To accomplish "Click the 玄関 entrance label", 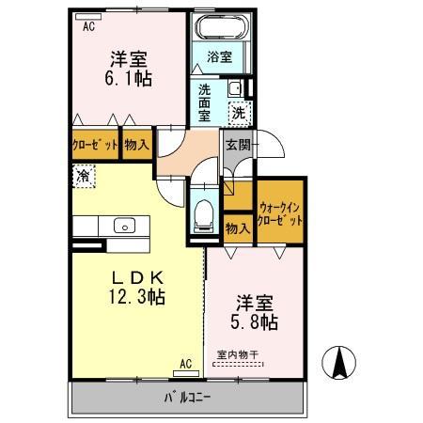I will coord(237,146).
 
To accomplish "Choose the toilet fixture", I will coord(202,213).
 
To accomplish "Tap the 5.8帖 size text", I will coord(254,322).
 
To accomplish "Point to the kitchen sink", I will coord(123,226).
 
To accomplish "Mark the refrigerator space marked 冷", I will coord(84,176).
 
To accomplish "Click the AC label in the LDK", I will coord(185,364).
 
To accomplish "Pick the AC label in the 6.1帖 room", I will coord(88,27).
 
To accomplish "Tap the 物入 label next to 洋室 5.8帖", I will coord(237,227).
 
